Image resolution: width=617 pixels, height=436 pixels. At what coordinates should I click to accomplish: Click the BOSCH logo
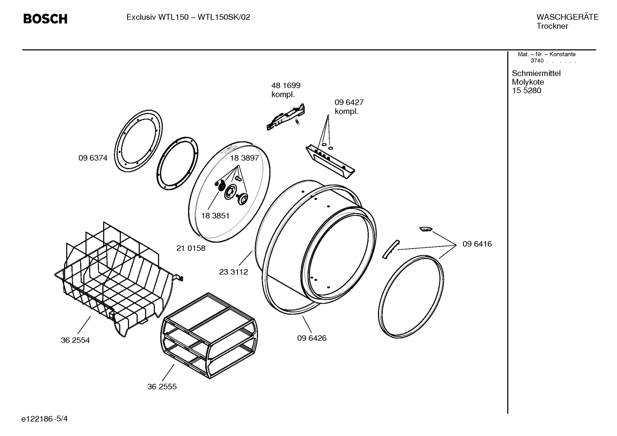pyautogui.click(x=45, y=19)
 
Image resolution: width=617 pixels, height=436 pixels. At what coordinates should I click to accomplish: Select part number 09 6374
pyautogui.click(x=93, y=158)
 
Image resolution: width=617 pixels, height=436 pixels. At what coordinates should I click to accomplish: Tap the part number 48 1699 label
pyautogui.click(x=286, y=86)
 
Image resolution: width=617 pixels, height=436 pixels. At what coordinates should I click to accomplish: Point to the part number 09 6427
pyautogui.click(x=349, y=103)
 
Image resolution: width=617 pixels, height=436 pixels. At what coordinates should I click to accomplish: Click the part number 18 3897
pyautogui.click(x=244, y=158)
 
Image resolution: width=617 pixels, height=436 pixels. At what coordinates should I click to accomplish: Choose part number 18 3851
pyautogui.click(x=215, y=216)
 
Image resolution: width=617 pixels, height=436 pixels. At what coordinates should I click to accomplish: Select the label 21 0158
pyautogui.click(x=191, y=248)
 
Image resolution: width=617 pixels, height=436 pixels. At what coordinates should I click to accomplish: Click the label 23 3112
pyautogui.click(x=233, y=272)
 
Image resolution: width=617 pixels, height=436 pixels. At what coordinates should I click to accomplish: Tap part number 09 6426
pyautogui.click(x=311, y=338)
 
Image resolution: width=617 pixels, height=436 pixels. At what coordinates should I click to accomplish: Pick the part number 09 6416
pyautogui.click(x=477, y=244)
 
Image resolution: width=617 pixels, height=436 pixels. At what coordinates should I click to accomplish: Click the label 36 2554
pyautogui.click(x=75, y=341)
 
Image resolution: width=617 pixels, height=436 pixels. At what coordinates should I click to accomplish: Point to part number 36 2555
pyautogui.click(x=162, y=387)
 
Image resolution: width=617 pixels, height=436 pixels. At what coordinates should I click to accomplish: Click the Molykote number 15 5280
pyautogui.click(x=526, y=91)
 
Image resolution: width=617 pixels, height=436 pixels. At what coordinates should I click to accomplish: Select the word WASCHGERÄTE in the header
pyautogui.click(x=567, y=17)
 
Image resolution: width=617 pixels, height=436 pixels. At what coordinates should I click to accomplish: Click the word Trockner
pyautogui.click(x=552, y=26)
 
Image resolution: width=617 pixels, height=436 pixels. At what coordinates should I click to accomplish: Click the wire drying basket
pyautogui.click(x=116, y=278)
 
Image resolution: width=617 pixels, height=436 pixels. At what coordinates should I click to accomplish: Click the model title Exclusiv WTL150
pyautogui.click(x=157, y=18)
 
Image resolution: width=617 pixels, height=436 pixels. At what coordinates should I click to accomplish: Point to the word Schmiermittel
pyautogui.click(x=536, y=73)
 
